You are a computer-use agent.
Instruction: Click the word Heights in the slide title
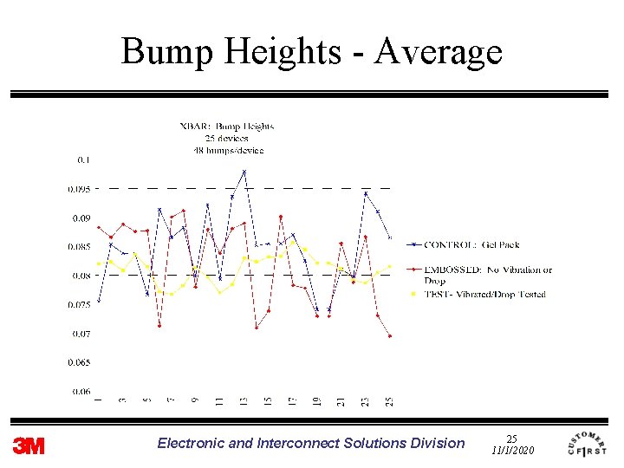point(283,52)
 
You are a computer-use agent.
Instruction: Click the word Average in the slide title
point(439,52)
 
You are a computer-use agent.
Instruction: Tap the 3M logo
point(29,445)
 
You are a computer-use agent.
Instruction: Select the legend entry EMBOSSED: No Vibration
point(488,270)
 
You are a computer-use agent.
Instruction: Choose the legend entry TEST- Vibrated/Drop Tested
point(484,294)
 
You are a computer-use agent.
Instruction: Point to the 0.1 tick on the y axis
point(84,159)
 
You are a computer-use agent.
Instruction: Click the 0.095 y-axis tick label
point(80,189)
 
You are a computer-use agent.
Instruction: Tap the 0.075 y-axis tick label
point(80,304)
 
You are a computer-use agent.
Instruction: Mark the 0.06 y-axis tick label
point(81,391)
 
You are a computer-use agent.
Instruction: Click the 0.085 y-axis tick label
point(80,247)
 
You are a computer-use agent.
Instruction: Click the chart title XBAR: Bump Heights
point(226,127)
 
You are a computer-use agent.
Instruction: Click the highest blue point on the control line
point(244,172)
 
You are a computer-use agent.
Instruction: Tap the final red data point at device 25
point(390,336)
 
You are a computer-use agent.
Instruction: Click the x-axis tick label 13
point(244,400)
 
